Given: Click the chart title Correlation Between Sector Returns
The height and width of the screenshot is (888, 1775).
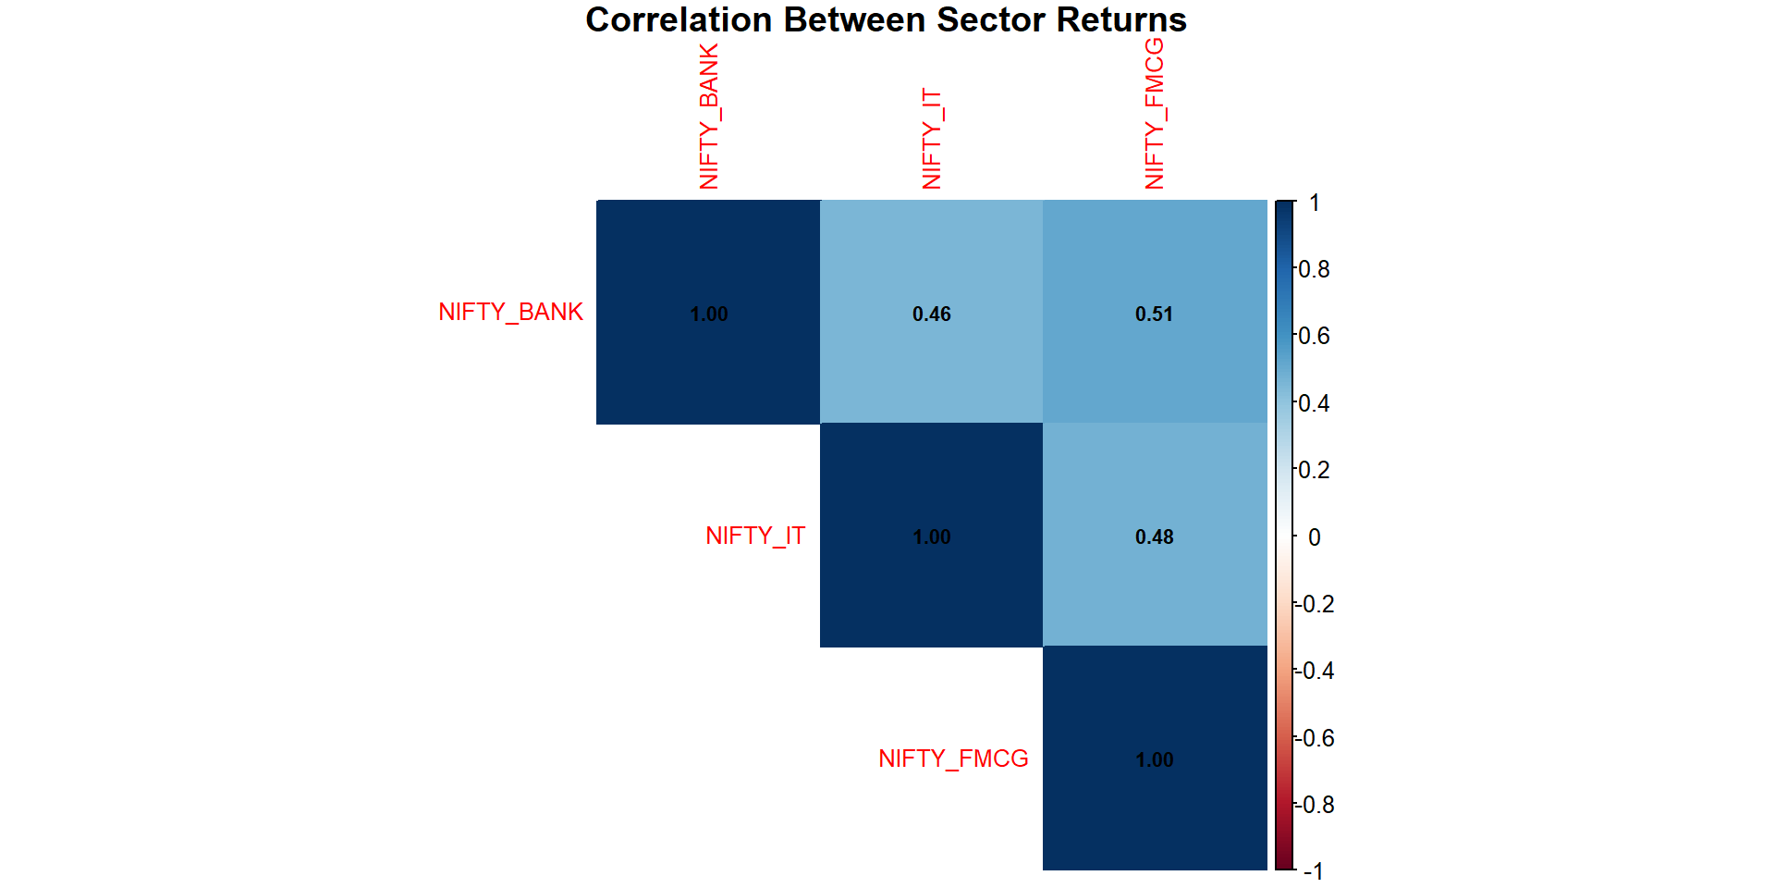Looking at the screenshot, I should [x=886, y=20].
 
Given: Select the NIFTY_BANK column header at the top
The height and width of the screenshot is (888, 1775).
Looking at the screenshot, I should [x=709, y=117].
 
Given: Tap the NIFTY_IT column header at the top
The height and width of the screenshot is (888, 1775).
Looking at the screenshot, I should [x=932, y=139].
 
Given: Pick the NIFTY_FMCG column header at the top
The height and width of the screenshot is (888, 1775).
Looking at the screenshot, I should [x=1155, y=114].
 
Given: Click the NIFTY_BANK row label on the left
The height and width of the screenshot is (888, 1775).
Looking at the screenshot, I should [x=510, y=313].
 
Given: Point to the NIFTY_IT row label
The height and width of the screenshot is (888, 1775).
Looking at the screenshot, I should [x=755, y=536].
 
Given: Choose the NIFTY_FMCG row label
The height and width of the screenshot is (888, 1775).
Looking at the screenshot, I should [x=953, y=759].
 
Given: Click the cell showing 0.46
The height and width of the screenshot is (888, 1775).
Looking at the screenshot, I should [x=931, y=314].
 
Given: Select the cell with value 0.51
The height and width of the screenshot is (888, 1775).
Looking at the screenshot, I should [x=1154, y=314].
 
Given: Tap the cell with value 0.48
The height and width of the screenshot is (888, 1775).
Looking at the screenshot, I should [x=1154, y=537].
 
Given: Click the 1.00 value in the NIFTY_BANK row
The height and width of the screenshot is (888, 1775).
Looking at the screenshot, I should [x=709, y=314].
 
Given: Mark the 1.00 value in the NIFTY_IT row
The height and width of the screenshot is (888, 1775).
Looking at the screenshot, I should [x=931, y=537].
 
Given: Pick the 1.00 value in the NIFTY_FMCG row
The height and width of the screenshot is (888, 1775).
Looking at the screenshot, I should [x=1154, y=760].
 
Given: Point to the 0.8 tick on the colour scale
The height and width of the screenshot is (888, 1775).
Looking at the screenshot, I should [x=1314, y=270].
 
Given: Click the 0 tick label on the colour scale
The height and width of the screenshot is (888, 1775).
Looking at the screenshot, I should [x=1314, y=537].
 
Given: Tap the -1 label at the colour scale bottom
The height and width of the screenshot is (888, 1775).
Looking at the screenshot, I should [x=1313, y=871].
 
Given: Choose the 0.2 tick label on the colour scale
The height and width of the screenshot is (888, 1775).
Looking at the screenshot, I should [x=1314, y=470].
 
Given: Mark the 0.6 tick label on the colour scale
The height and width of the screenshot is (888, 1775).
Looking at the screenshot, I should [x=1314, y=337].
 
